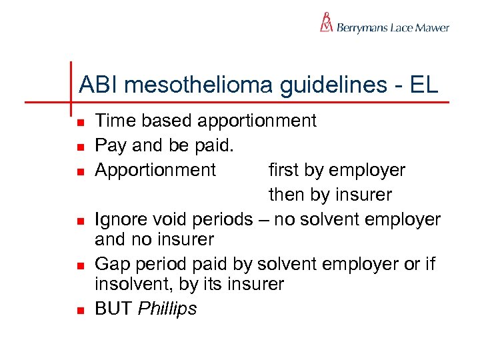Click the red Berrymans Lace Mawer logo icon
point(326,22)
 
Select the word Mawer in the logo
point(432,27)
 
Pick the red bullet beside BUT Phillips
point(79,311)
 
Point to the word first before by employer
point(285,170)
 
